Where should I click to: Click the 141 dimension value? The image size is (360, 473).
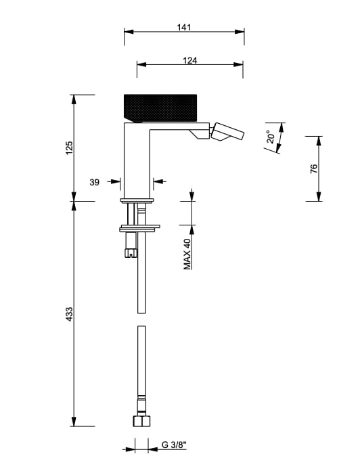184,27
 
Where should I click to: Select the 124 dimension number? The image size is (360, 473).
189,60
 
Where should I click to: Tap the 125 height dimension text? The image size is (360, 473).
70,148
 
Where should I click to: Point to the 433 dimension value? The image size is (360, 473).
70,314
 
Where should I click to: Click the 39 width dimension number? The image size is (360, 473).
94,182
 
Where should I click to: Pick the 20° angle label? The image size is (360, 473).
271,136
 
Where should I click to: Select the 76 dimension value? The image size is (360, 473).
314,168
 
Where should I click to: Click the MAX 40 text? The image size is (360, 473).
187,254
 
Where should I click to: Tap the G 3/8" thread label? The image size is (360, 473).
174,445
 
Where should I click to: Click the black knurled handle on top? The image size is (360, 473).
160,108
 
